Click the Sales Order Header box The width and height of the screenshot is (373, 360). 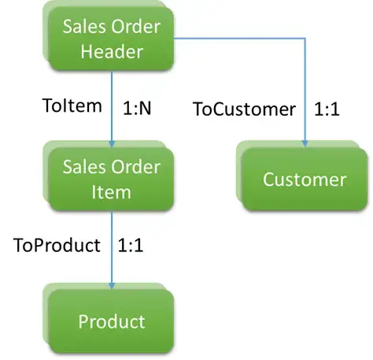pos(111,39)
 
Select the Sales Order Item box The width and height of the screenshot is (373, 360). pos(111,178)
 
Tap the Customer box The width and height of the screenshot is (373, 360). pos(304,180)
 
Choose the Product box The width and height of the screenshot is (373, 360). pos(111,321)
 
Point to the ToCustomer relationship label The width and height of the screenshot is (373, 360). pos(243,109)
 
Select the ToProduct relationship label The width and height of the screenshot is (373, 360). pos(57,245)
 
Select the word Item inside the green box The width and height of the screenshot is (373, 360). pos(111,191)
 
